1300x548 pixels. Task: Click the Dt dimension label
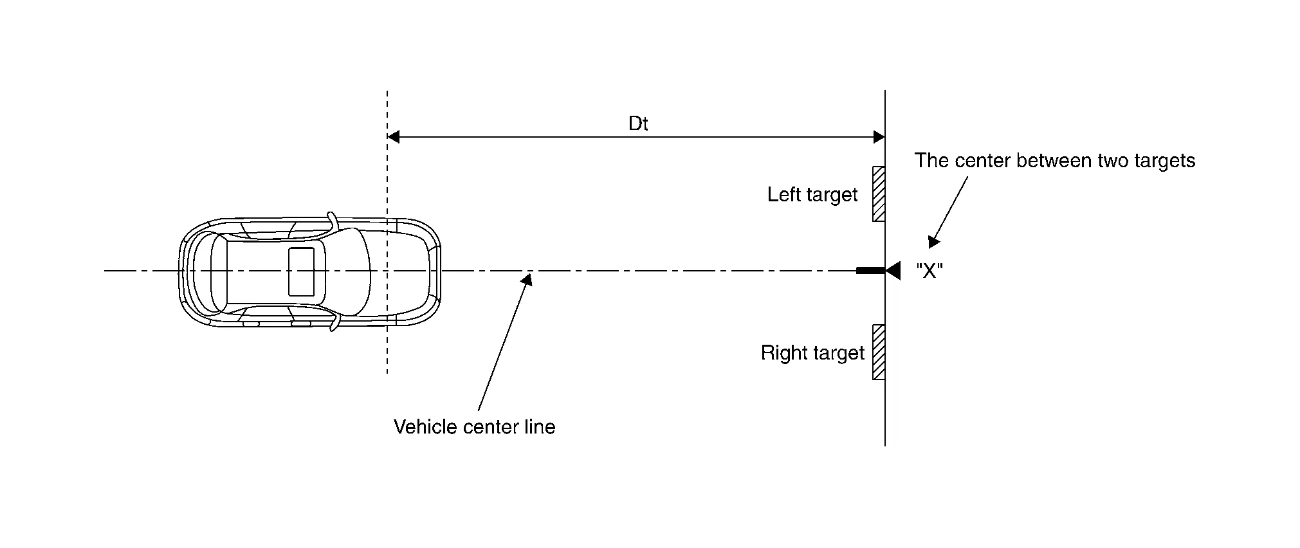[637, 123]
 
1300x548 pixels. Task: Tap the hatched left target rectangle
[878, 194]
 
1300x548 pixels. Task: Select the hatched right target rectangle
[878, 352]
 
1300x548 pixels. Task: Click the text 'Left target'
[812, 195]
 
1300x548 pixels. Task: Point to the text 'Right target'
[812, 353]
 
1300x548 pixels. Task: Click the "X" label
[929, 271]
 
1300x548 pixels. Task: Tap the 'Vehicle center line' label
[474, 427]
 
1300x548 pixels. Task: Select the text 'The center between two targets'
[1054, 161]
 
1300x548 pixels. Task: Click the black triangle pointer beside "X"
[893, 271]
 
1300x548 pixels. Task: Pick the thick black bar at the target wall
[870, 271]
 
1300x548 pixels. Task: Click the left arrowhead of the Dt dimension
[393, 136]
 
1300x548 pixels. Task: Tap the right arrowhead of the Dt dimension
[879, 136]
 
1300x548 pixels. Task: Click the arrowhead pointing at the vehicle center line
[527, 279]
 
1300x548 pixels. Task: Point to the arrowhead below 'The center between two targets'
[933, 242]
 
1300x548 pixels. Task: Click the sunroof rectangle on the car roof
[301, 271]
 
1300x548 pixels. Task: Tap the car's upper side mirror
[332, 220]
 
